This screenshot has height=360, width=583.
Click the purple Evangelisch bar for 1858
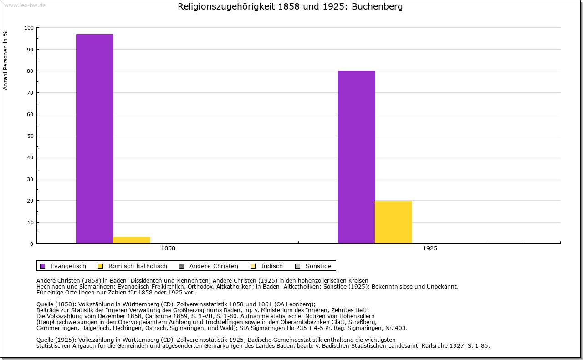95,139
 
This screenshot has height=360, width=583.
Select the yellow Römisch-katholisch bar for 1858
132,240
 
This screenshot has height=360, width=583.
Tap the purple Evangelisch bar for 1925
357,157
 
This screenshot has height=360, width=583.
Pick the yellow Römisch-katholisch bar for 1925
394,222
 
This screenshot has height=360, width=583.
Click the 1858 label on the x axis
168,248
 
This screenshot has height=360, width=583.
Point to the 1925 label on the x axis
430,248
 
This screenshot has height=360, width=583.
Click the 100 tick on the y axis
29,28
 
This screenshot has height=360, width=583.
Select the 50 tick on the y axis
31,136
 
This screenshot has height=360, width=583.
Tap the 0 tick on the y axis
32,244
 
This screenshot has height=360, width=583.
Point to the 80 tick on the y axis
31,71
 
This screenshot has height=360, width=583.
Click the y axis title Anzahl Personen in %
6,60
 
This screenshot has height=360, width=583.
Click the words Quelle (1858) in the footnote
56,304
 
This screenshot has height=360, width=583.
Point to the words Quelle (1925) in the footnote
56,340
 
